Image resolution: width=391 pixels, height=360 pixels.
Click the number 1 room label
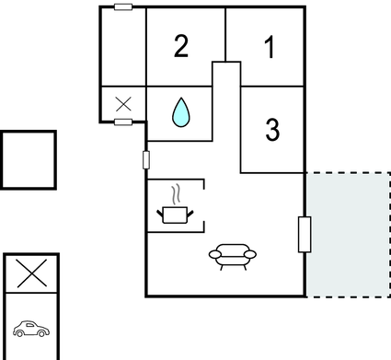270,48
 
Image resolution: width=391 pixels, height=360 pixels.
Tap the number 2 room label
181,47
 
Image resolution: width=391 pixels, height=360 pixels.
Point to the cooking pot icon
174,215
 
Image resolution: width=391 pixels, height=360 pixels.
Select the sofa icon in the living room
232,255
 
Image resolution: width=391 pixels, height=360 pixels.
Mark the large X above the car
31,273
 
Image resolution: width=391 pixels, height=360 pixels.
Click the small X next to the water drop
123,105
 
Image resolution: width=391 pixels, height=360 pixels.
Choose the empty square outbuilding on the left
29,160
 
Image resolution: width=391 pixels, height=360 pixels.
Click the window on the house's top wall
123,7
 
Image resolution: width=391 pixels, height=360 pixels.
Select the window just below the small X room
123,122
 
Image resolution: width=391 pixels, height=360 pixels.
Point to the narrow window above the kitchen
146,160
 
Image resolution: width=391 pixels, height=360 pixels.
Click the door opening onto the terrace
305,234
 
